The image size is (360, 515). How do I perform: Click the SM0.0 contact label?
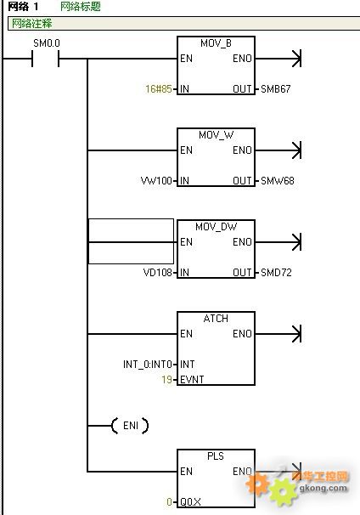(47, 43)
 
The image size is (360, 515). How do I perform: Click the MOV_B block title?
(216, 43)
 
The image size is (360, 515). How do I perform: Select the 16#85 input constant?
(159, 88)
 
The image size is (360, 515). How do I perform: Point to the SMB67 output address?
(276, 88)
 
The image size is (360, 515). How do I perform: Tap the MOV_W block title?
(216, 134)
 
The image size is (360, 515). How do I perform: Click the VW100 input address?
(156, 180)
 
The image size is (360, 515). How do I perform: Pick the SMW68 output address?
(278, 180)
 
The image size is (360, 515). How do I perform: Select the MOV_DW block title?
(216, 226)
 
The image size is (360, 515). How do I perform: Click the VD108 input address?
(158, 272)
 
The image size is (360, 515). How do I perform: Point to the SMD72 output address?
(276, 272)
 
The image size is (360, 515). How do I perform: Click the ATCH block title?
(216, 318)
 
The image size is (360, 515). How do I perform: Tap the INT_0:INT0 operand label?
(148, 364)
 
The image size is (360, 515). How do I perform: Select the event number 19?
(166, 379)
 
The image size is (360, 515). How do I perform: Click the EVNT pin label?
(192, 379)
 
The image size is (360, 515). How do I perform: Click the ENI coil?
(130, 426)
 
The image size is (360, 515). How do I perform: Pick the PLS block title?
(216, 456)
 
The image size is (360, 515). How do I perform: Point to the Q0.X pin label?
(190, 501)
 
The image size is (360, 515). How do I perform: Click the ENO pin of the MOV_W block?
(242, 150)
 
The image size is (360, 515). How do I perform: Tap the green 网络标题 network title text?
(81, 6)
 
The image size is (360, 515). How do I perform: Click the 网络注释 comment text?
(31, 23)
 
